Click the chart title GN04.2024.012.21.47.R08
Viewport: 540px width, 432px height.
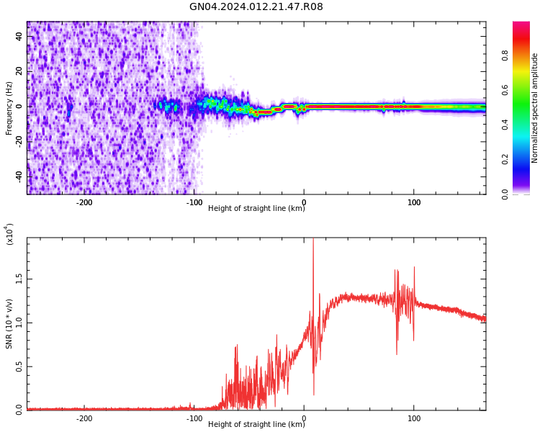coord(256,7)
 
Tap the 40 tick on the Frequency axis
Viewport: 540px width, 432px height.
coord(19,36)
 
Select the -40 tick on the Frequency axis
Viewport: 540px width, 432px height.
coord(18,176)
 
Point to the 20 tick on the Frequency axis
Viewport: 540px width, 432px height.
coord(19,71)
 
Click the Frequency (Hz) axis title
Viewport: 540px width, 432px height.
coord(9,108)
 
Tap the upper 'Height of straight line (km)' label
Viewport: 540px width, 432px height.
coord(256,209)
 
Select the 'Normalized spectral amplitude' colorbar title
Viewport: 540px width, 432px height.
coord(535,108)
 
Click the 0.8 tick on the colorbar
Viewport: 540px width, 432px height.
coord(526,55)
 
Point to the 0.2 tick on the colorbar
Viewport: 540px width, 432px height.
coord(526,159)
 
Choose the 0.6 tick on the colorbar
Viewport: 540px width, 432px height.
coord(526,90)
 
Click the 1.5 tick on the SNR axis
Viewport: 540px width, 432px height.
coord(19,279)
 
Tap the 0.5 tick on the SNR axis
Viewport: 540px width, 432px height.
coord(19,366)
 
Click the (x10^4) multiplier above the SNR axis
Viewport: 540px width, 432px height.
coord(10,233)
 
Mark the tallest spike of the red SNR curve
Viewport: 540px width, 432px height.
coord(313,240)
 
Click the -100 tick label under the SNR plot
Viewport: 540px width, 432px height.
coord(194,418)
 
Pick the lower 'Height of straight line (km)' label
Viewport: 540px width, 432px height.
coord(256,424)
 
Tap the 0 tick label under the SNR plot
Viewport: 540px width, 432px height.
coord(304,418)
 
